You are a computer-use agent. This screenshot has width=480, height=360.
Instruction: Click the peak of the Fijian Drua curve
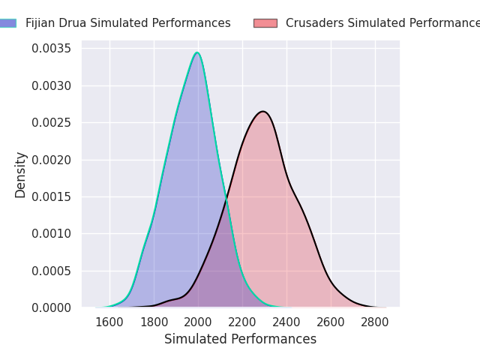pyautogui.click(x=197, y=53)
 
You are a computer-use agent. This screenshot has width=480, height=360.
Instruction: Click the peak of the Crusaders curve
pyautogui.click(x=262, y=112)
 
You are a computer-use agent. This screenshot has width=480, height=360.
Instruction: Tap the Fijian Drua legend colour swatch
pyautogui.click(x=7, y=23)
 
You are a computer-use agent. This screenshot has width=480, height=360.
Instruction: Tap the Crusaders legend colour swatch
pyautogui.click(x=265, y=23)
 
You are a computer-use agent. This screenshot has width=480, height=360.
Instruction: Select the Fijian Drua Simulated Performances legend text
pyautogui.click(x=127, y=23)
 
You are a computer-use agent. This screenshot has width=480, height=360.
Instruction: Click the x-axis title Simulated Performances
pyautogui.click(x=240, y=339)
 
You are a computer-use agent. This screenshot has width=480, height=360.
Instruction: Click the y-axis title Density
pyautogui.click(x=21, y=175)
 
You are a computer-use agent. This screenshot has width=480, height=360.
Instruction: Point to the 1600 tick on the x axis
pyautogui.click(x=109, y=322)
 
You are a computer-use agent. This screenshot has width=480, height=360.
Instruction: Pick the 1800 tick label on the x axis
pyautogui.click(x=154, y=322)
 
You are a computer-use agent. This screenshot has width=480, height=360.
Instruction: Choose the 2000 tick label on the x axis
pyautogui.click(x=198, y=322)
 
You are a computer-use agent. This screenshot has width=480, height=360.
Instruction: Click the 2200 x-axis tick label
pyautogui.click(x=242, y=322)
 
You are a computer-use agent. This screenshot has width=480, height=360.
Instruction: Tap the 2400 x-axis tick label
pyautogui.click(x=286, y=322)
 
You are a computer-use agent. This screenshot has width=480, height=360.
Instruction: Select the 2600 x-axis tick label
pyautogui.click(x=331, y=322)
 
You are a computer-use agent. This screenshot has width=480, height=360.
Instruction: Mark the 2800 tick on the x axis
pyautogui.click(x=375, y=322)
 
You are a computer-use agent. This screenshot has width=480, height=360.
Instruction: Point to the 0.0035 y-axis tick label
pyautogui.click(x=51, y=49)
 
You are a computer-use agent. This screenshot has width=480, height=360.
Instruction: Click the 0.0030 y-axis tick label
pyautogui.click(x=51, y=85)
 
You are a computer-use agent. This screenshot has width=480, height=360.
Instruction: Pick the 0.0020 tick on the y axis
pyautogui.click(x=51, y=160)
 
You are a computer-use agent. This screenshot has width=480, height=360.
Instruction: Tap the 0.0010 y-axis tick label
pyautogui.click(x=51, y=233)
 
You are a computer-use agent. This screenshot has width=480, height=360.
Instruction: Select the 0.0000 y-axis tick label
pyautogui.click(x=51, y=307)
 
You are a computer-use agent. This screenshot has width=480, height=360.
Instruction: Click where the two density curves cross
pyautogui.click(x=226, y=199)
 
